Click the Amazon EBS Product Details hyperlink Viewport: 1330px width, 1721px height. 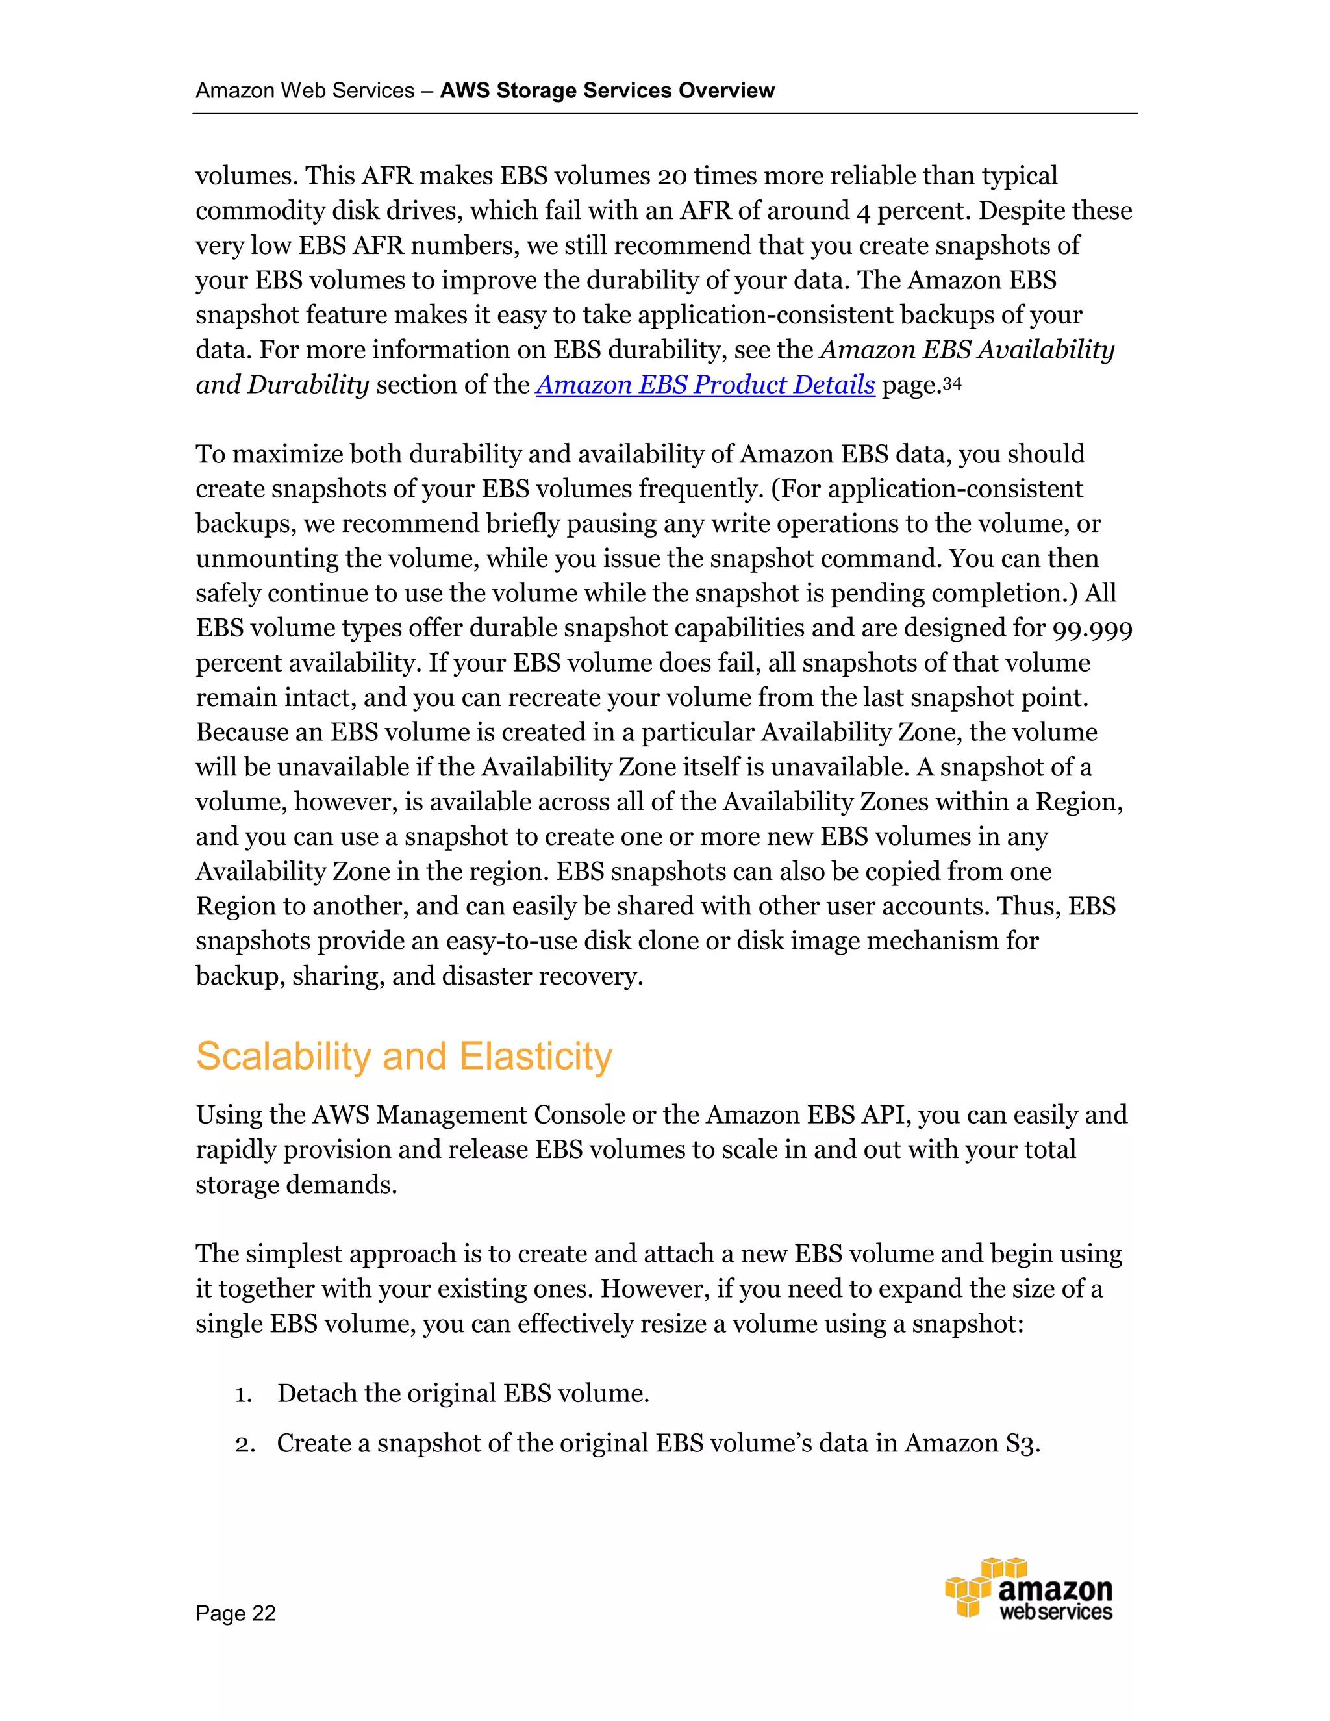click(x=705, y=384)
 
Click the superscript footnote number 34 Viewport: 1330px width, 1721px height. click(x=952, y=383)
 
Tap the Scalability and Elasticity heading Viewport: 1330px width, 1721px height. click(x=403, y=1056)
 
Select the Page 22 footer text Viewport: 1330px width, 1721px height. click(x=236, y=1613)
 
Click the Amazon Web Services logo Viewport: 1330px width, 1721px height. click(x=1029, y=1589)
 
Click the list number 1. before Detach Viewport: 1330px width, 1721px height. click(x=244, y=1394)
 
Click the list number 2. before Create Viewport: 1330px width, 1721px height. click(x=244, y=1444)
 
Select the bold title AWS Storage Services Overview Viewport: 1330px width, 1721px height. click(x=607, y=91)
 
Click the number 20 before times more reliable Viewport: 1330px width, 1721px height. click(x=672, y=176)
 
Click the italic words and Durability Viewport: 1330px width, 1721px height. click(x=282, y=384)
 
